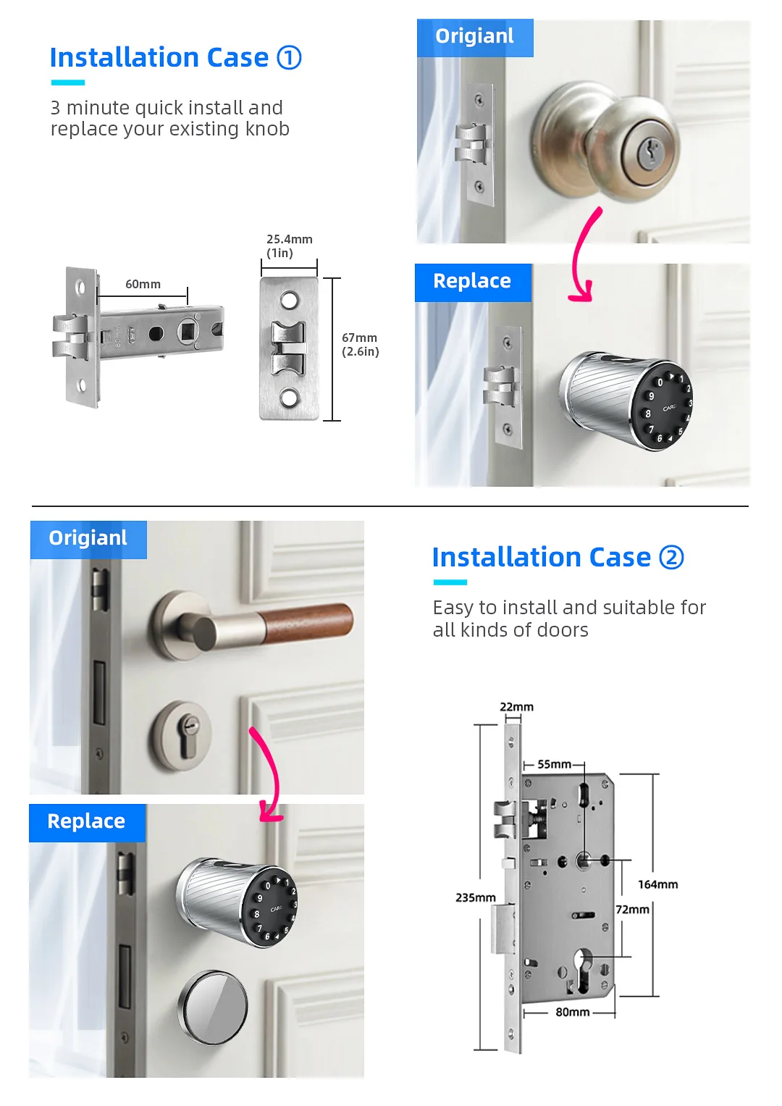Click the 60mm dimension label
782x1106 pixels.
pos(143,285)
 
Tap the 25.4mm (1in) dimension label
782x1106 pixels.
pos(290,246)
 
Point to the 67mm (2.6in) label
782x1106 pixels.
pos(361,345)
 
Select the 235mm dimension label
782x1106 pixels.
pos(476,897)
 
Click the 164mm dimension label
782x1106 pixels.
pos(657,884)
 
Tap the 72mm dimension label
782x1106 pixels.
pos(632,909)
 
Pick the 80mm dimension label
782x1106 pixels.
pos(573,1012)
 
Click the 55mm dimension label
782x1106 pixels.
pos(555,764)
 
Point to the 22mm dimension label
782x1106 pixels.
pos(516,707)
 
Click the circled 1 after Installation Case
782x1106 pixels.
pos(290,57)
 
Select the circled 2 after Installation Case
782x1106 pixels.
pos(671,558)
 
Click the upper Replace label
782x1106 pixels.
pos(472,281)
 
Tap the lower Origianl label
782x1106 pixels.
pos(88,538)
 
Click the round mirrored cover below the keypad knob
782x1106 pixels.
pos(212,1007)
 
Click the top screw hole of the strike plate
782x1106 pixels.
pos(290,299)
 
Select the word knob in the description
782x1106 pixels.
pos(267,129)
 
